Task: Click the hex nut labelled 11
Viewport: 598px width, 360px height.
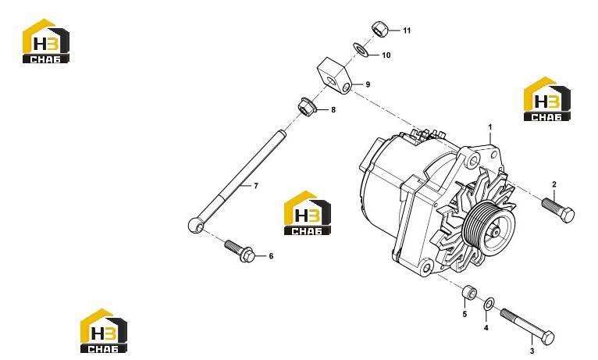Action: (x=380, y=30)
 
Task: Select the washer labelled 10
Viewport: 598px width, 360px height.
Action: (x=361, y=50)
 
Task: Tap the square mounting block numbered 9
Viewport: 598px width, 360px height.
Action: (x=334, y=76)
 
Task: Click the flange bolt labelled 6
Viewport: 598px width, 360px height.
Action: (x=240, y=251)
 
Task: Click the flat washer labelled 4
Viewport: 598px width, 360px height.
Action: (x=489, y=304)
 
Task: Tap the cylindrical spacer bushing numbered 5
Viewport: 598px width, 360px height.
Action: (x=469, y=292)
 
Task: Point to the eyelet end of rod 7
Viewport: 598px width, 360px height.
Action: (x=196, y=225)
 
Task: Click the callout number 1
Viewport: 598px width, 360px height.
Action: (x=490, y=127)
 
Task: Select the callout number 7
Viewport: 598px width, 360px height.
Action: (x=256, y=186)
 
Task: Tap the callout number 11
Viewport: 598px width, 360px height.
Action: (x=407, y=30)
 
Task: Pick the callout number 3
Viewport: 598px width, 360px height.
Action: (x=532, y=351)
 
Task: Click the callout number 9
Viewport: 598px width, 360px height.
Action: (x=368, y=84)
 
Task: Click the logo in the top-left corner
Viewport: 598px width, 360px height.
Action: (x=46, y=41)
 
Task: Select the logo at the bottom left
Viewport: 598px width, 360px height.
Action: (x=104, y=330)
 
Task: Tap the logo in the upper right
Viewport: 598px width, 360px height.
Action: (x=547, y=99)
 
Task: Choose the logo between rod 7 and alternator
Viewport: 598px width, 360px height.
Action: (x=308, y=212)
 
